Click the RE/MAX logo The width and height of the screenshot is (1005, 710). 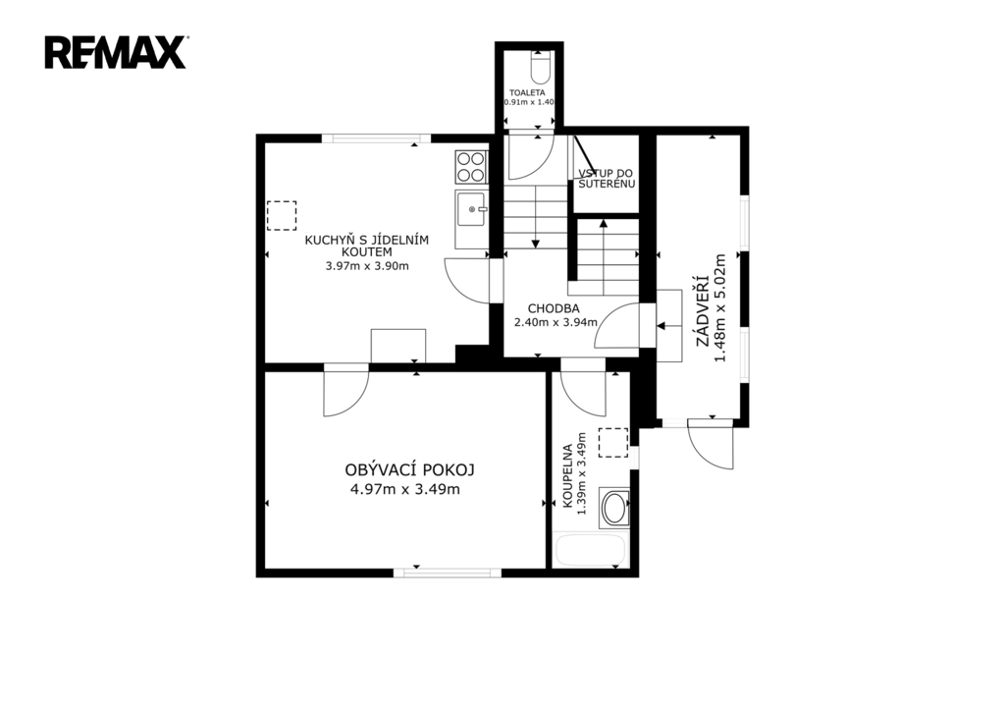pos(116,53)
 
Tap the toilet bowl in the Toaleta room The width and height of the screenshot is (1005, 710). pos(541,69)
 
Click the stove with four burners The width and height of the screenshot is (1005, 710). pos(471,167)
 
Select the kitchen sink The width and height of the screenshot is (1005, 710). pos(471,209)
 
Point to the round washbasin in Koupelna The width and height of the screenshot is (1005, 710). pos(614,508)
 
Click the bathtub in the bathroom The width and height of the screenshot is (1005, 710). pos(590,550)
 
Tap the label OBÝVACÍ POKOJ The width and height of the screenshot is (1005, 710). pos(409,470)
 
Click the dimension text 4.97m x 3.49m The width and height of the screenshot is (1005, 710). pos(405,489)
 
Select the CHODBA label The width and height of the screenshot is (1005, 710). pos(554,308)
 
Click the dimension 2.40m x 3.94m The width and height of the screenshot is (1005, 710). pos(555,322)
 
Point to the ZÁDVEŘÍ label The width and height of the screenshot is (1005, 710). pos(703,309)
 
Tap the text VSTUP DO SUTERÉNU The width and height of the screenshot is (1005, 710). pos(607,179)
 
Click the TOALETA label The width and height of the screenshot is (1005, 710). pos(527,93)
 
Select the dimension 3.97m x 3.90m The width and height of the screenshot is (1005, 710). pos(367,266)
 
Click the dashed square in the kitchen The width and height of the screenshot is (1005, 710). pos(282,215)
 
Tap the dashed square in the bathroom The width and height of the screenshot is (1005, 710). pos(613,443)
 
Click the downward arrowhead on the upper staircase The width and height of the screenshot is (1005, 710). pos(536,244)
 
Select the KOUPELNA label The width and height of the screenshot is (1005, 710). pos(567,476)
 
